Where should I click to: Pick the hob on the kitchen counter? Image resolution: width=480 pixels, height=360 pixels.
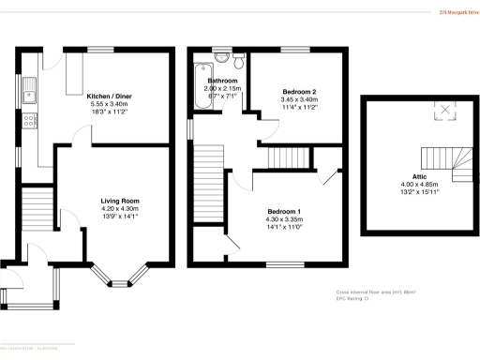coord(31,120)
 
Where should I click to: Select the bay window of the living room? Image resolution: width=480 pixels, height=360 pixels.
coord(124,277)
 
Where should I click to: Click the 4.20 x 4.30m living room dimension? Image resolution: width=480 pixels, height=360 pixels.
coord(121,208)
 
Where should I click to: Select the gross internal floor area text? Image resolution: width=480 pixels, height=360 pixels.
coord(375,292)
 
